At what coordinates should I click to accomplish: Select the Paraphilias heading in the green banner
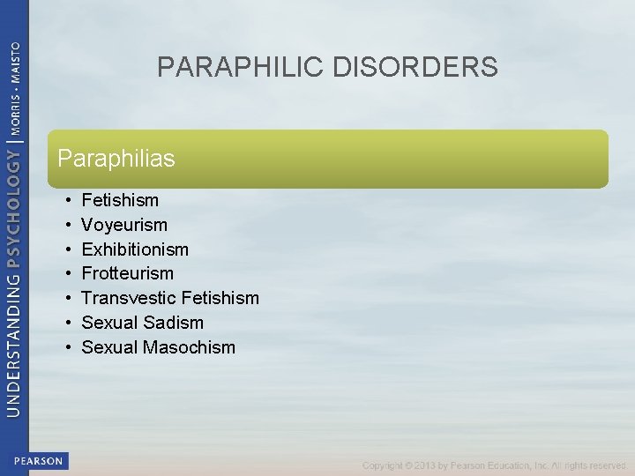click(x=116, y=159)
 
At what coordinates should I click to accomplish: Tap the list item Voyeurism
click(x=124, y=225)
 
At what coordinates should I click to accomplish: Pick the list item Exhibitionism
click(x=135, y=249)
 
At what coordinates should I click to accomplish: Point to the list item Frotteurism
click(x=128, y=273)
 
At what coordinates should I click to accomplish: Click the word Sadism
click(x=176, y=323)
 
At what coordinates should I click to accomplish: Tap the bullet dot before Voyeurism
click(x=68, y=225)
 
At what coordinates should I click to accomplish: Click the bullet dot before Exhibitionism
click(x=68, y=249)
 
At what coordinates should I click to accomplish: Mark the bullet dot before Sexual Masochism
click(x=68, y=347)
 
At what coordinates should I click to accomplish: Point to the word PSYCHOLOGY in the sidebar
click(x=15, y=208)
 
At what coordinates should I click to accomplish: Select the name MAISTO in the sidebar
click(x=15, y=59)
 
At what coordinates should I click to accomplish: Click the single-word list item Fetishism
click(x=120, y=200)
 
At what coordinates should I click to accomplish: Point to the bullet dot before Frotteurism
click(x=68, y=273)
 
